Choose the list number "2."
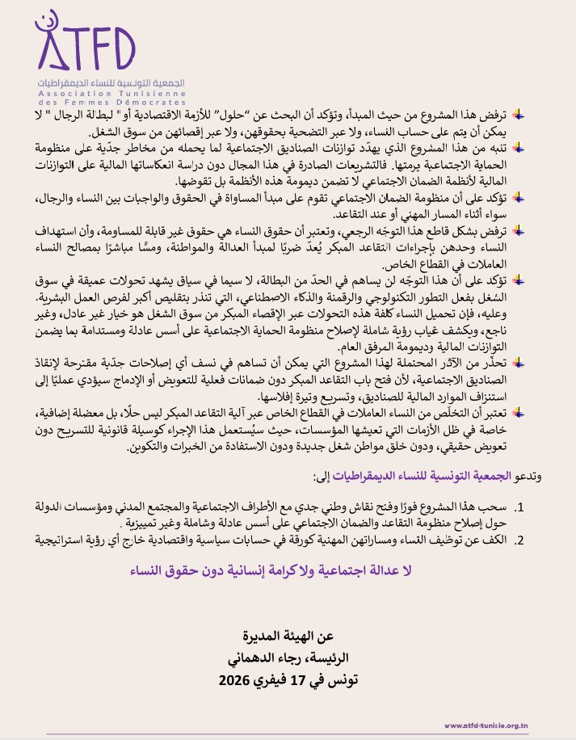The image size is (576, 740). (x=521, y=539)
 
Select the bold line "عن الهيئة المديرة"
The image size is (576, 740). (x=288, y=636)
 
